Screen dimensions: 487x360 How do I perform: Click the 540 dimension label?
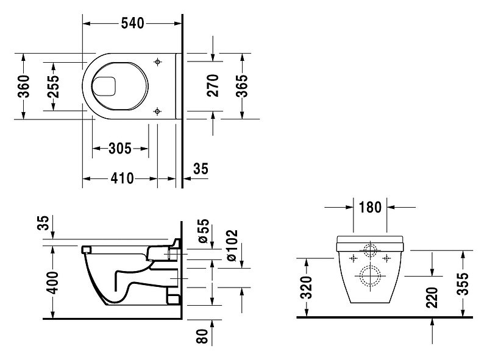(133, 23)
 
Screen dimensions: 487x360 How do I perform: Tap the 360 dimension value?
(24, 86)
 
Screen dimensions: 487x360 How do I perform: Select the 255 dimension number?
(53, 86)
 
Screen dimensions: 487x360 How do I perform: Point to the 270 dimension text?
(213, 85)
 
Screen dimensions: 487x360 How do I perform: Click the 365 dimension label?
(242, 86)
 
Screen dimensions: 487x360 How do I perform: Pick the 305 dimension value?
(120, 149)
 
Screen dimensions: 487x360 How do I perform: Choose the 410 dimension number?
(123, 178)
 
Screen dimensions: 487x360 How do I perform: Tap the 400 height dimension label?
(54, 283)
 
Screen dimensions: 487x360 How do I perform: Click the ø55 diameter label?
(204, 231)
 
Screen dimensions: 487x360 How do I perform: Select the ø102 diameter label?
(232, 245)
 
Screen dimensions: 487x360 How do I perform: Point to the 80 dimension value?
(202, 336)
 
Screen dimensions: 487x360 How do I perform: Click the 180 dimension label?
(370, 207)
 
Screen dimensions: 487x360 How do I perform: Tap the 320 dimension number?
(307, 287)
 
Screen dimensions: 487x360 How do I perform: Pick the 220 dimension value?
(432, 297)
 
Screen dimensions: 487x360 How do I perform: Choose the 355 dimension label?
(463, 284)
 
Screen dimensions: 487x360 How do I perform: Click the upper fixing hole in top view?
(158, 62)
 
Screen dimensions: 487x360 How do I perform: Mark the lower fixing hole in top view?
(157, 111)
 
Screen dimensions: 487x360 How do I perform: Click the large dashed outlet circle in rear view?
(370, 276)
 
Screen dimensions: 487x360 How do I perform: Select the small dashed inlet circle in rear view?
(370, 250)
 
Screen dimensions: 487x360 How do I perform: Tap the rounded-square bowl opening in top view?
(104, 86)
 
